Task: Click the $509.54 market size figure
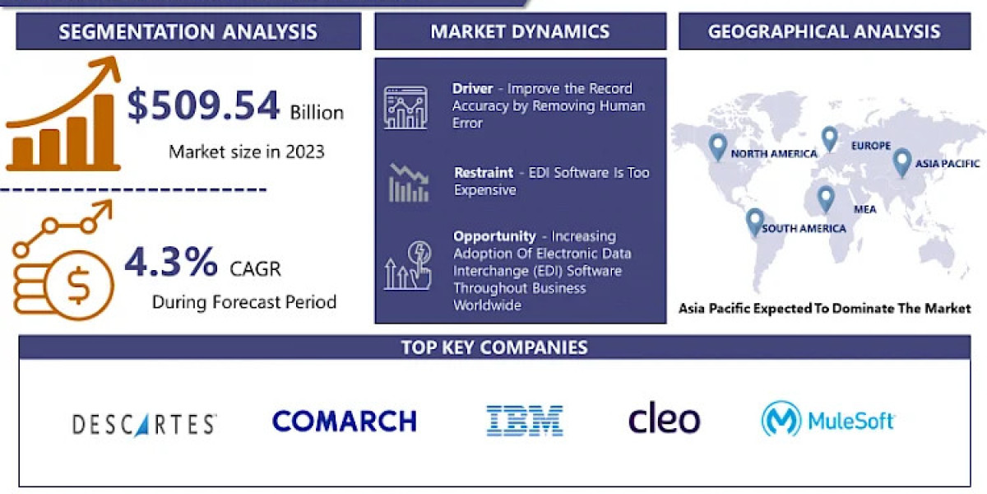pyautogui.click(x=203, y=108)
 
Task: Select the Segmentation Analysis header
pyautogui.click(x=188, y=32)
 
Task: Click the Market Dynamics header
pyautogui.click(x=520, y=32)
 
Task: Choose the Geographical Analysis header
pyautogui.click(x=824, y=32)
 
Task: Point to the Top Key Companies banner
pyautogui.click(x=494, y=347)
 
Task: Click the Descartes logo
pyautogui.click(x=145, y=424)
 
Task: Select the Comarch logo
pyautogui.click(x=344, y=421)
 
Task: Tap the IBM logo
pyautogui.click(x=524, y=420)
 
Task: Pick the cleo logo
pyautogui.click(x=664, y=419)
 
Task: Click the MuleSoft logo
pyautogui.click(x=827, y=420)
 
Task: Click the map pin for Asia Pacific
pyautogui.click(x=902, y=161)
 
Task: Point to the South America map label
pyautogui.click(x=804, y=229)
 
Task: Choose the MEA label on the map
pyautogui.click(x=864, y=209)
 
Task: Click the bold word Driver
pyautogui.click(x=472, y=88)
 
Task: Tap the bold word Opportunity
pyautogui.click(x=494, y=236)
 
